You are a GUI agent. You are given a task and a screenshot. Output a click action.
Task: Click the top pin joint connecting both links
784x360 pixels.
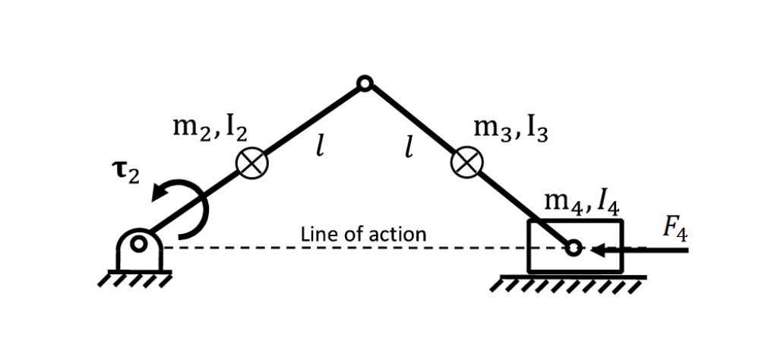pos(365,84)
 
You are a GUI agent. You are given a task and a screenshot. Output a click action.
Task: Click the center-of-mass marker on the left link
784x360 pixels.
pos(251,163)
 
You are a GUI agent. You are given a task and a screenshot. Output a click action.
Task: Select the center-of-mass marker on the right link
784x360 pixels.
pos(466,163)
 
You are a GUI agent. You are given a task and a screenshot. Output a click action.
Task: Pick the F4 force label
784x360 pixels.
pos(674,229)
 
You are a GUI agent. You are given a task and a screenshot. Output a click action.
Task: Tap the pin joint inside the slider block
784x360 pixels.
pos(574,248)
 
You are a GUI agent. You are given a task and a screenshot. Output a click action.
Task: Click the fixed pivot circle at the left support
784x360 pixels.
pos(138,245)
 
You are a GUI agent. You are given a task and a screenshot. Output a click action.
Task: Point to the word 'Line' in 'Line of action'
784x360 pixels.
pos(315,234)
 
